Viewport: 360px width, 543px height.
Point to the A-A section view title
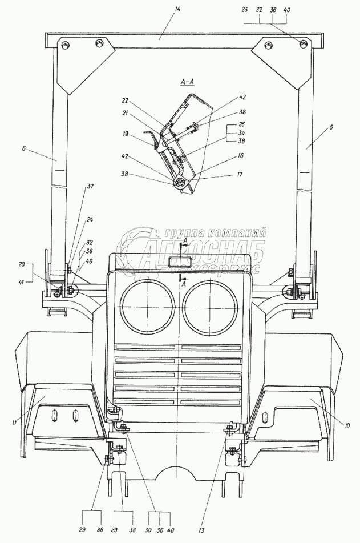click(x=188, y=83)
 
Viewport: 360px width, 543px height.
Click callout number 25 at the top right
click(x=245, y=10)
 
